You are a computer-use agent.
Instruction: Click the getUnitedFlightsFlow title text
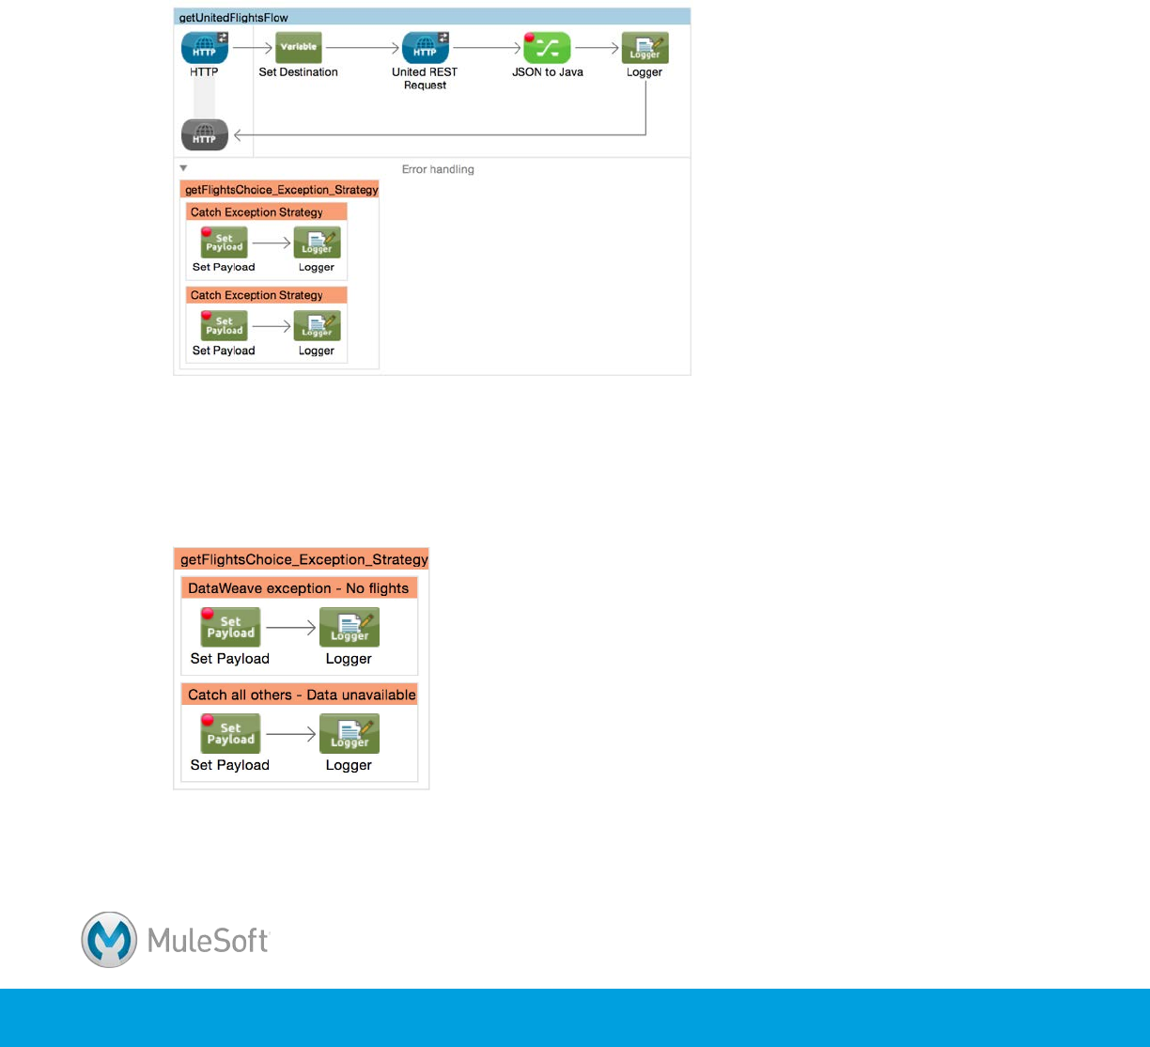(233, 18)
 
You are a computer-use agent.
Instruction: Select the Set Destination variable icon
(299, 48)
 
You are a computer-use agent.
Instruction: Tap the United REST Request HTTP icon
(425, 48)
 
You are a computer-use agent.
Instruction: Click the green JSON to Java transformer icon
(548, 48)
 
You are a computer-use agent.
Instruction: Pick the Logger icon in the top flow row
(645, 48)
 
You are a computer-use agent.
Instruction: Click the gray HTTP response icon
(205, 135)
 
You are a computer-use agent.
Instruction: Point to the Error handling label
(438, 170)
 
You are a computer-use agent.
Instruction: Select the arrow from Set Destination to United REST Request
(363, 48)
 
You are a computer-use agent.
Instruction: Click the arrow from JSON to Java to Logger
(596, 48)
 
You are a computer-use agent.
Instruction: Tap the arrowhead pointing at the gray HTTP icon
(239, 135)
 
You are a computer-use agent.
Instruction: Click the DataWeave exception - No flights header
(298, 588)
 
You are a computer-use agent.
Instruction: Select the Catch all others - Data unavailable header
(302, 695)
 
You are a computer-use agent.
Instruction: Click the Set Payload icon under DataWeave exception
(230, 627)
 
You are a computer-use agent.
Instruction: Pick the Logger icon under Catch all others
(350, 733)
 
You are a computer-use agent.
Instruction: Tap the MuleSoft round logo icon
(109, 940)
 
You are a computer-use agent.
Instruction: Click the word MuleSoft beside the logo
(209, 941)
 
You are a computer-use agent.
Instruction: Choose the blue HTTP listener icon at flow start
(205, 48)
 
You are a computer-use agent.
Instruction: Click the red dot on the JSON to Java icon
(530, 38)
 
